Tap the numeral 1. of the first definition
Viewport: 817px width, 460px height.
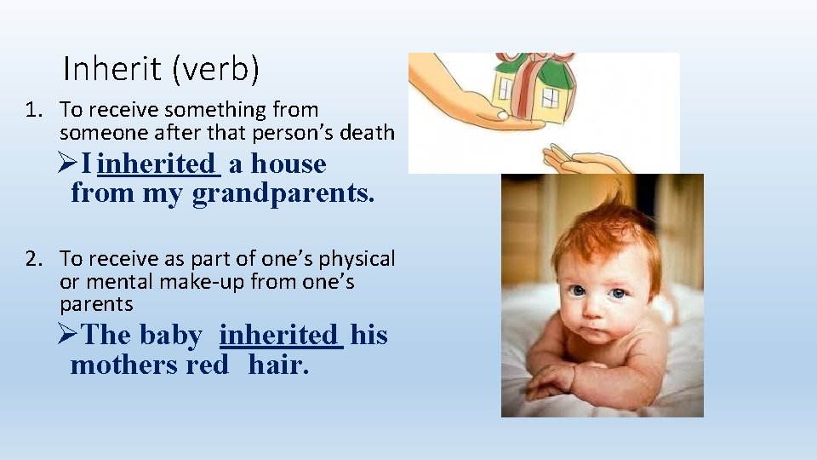[33, 110]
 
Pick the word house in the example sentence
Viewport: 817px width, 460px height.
[289, 164]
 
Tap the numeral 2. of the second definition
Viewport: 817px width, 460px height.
[33, 259]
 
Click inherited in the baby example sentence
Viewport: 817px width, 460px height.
[280, 335]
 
